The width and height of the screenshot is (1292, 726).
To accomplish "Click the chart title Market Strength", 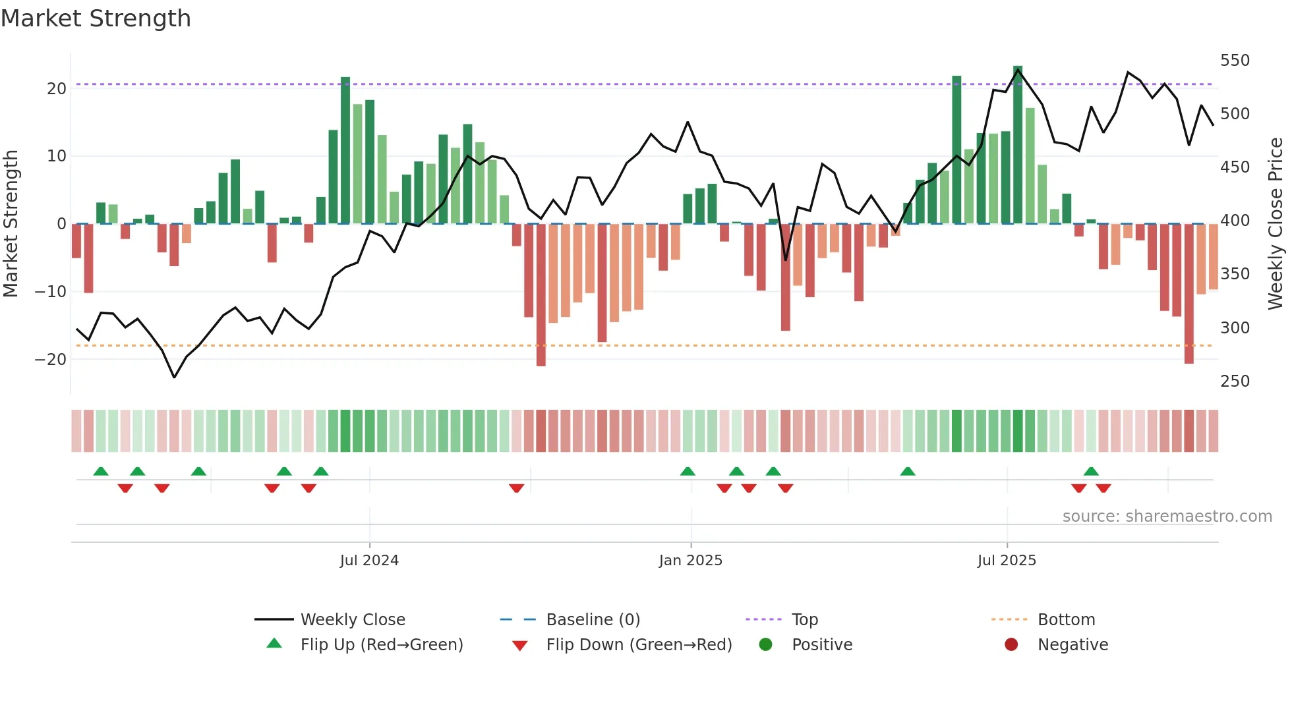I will click(96, 18).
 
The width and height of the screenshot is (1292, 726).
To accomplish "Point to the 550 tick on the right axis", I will click(1234, 61).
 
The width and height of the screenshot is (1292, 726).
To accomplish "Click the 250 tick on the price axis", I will click(1234, 381).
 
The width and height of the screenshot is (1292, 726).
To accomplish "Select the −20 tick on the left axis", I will click(50, 360).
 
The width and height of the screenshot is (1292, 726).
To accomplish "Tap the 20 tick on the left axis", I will click(56, 89).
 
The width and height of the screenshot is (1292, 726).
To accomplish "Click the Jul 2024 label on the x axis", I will click(369, 561).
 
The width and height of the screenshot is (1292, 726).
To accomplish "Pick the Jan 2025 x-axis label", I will click(690, 561).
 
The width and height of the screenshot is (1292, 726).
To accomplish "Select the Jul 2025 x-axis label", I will click(1006, 561).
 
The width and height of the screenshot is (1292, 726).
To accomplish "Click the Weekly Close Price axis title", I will click(1276, 224).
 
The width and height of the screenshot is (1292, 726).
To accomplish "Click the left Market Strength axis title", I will click(11, 224).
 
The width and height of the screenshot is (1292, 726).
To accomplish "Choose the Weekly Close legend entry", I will click(352, 620).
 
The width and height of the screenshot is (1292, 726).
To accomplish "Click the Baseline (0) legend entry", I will click(593, 620).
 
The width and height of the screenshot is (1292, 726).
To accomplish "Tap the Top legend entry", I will click(804, 620).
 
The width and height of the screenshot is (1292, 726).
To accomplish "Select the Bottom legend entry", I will click(1065, 620).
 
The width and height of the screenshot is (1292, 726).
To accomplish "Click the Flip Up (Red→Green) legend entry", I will click(381, 645).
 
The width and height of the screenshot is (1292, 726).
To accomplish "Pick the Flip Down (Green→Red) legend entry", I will click(638, 645).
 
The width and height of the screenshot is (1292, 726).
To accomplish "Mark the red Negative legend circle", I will click(1011, 645).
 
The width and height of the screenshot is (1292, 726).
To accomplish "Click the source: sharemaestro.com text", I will click(1167, 517).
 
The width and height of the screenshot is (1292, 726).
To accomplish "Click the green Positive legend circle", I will click(765, 645).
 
